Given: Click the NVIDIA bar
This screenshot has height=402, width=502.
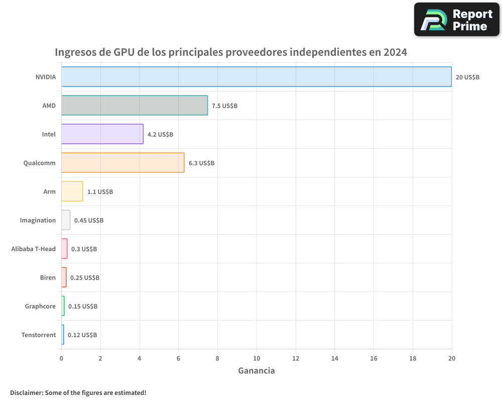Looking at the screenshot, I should coord(256,77).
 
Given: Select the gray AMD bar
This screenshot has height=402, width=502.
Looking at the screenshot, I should coord(134,106).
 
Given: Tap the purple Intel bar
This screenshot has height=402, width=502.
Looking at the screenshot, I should coord(102,134).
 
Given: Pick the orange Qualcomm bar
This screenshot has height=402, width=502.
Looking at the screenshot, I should coord(122,163).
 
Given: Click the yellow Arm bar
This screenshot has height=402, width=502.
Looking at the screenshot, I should coord(72,191).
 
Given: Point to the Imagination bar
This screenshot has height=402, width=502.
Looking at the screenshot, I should coord(66,220).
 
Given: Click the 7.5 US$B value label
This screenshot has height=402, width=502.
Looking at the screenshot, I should coord(224,106).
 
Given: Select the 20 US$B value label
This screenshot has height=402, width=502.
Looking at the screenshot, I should coord(467,77).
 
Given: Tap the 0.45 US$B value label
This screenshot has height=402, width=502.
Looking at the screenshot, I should coord(89,221).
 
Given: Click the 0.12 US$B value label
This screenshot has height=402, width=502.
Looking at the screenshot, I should coord(82,335).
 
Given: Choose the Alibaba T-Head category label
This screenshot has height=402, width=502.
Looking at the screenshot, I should coord(34,249).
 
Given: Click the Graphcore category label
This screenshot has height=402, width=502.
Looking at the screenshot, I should coord(40,307).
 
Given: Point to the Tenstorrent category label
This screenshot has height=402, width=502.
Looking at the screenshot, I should coord(39,335).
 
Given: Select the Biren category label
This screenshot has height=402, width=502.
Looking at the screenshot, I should coord(48,278).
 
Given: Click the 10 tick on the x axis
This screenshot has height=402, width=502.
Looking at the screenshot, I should coord(257,358).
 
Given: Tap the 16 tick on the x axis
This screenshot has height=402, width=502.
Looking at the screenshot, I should coord(373,358).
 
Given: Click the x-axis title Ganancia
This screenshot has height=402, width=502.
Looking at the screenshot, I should coord(256,371).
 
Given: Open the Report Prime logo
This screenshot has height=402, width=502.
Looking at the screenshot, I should coord(456,20).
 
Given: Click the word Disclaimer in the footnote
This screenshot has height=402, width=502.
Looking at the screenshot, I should coord(26,392).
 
